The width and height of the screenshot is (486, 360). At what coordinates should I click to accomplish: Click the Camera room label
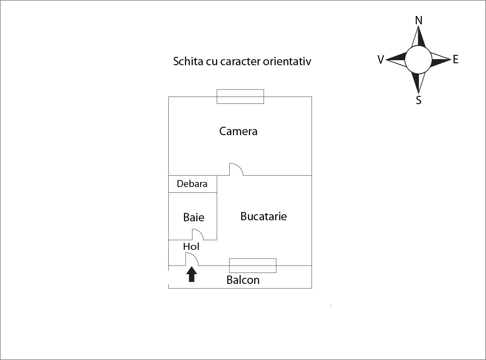click(238, 131)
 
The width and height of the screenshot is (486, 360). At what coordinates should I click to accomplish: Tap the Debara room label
click(192, 184)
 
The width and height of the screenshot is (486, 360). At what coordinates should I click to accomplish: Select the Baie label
click(193, 217)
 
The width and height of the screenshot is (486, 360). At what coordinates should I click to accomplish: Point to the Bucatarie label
click(263, 216)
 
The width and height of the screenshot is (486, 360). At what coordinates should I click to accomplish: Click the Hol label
click(191, 247)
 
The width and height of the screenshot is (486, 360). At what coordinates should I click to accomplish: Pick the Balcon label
click(243, 280)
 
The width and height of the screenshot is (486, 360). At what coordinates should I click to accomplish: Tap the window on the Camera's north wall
click(240, 96)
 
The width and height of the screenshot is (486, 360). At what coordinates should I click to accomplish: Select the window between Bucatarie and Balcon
click(253, 266)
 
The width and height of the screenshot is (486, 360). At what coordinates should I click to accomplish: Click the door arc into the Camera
click(236, 169)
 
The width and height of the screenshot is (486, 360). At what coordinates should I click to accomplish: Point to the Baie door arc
click(198, 234)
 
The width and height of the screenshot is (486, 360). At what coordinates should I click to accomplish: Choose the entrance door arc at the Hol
click(192, 259)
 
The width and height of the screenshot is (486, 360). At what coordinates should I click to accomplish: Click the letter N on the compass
click(419, 21)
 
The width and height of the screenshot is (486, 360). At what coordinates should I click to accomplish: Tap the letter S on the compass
click(419, 100)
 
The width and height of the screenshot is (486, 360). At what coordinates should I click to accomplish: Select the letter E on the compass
click(456, 60)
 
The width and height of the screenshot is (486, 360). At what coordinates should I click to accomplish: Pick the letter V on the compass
click(381, 60)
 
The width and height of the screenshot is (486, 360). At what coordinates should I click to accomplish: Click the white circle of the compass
click(418, 60)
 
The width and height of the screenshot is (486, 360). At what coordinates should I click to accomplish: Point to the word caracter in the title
click(240, 61)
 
